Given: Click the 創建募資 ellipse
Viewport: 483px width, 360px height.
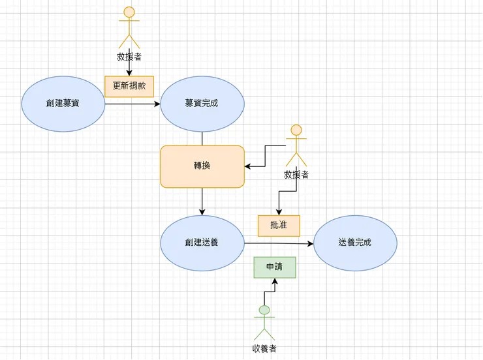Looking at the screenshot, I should coord(63,104).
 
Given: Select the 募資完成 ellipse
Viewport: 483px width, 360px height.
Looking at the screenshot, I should coord(202,104).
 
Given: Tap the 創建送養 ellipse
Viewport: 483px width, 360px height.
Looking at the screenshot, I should coord(202,243).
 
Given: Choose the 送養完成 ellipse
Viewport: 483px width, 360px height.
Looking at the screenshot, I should coord(355,243).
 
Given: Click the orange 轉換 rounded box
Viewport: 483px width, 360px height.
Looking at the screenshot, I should coord(202,166).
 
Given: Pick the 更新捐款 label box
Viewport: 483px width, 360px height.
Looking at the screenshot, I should coord(129,86).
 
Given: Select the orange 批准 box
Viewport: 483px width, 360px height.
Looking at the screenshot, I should coord(279,226).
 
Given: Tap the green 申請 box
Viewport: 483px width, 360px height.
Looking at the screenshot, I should coord(275,267).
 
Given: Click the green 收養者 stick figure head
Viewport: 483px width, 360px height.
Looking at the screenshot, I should coord(264,310).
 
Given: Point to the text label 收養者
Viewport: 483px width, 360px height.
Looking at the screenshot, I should coord(264,348).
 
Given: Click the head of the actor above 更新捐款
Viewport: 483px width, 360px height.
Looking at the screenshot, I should coord(129,12).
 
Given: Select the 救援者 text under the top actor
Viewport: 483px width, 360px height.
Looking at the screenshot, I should coord(129,57).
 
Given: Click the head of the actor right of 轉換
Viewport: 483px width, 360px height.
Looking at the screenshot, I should coord(296,130).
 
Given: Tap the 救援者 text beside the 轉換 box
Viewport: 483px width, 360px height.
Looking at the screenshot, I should coord(296,175).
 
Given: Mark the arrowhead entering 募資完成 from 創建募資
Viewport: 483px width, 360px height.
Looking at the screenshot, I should coord(157,104).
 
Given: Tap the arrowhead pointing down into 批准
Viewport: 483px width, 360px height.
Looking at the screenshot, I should coord(279,212).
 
